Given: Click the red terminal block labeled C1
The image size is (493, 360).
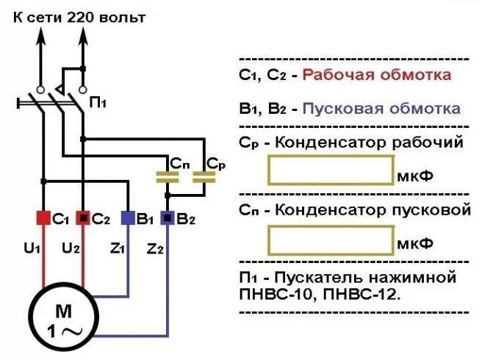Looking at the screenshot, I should (x=43, y=218).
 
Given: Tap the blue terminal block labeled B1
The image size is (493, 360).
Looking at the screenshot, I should (x=128, y=218).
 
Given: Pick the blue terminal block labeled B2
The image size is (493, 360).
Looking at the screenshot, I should (x=168, y=218).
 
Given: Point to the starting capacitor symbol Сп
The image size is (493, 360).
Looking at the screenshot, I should (x=168, y=177).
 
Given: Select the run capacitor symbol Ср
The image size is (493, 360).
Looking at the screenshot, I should (x=204, y=177).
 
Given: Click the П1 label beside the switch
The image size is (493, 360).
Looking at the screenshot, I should (x=98, y=104).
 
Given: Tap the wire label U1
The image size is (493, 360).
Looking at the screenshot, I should (x=30, y=248).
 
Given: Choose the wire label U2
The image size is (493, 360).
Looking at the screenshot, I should (x=71, y=248).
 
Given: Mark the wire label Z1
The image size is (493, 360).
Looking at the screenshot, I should (x=117, y=248).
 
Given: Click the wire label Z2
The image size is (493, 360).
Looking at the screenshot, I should (x=155, y=248).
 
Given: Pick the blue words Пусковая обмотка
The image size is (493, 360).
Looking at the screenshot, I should (x=382, y=109).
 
